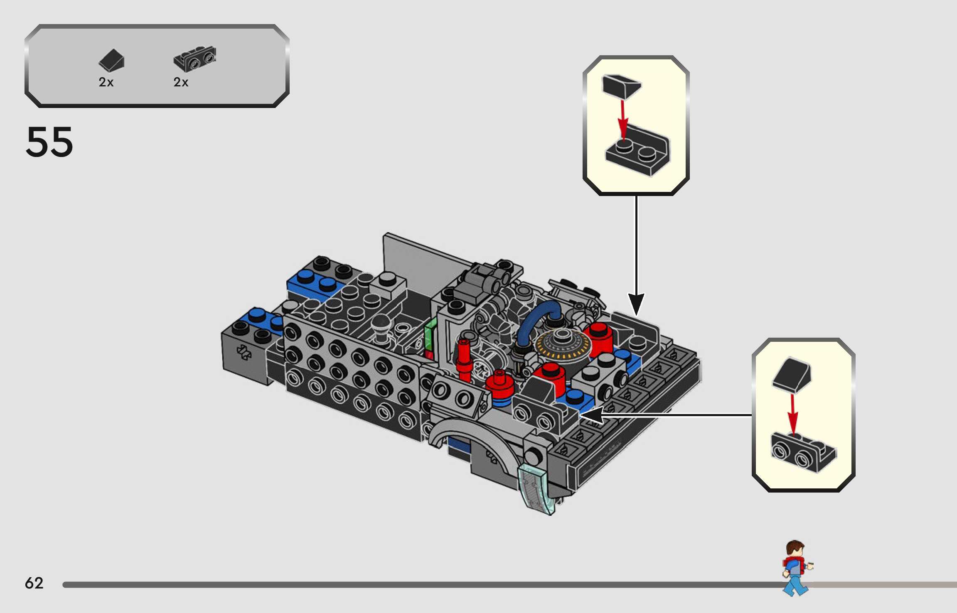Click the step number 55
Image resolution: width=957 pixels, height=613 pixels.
click(x=49, y=142)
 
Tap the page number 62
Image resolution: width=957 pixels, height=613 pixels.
click(x=34, y=583)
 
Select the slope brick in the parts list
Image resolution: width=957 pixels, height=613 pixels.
click(x=111, y=60)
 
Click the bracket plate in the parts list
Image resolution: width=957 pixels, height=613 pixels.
click(x=194, y=59)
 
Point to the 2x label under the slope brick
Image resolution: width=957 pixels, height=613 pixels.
click(x=106, y=82)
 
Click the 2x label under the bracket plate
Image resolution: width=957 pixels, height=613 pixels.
click(x=181, y=82)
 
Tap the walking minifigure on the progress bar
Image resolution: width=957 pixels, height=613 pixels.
click(x=796, y=567)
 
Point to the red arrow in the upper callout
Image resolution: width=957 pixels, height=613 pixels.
click(x=622, y=118)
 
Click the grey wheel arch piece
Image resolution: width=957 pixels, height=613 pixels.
click(x=465, y=432)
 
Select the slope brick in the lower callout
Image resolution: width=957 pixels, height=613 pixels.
click(x=792, y=375)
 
